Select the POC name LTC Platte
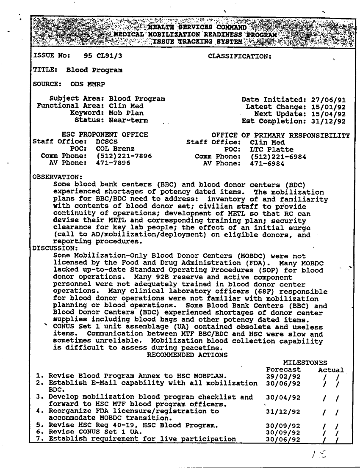(271, 149)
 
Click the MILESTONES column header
(305, 363)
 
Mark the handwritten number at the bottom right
(315, 453)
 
